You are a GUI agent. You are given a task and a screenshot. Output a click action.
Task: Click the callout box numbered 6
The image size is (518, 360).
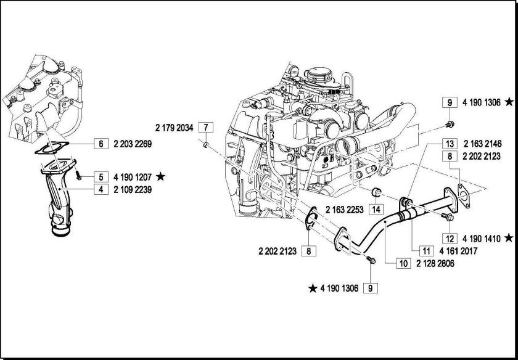click(x=99, y=144)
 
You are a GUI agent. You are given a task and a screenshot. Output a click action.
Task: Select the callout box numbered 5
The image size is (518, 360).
click(x=99, y=176)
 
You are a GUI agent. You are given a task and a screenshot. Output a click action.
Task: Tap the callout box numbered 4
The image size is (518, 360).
click(x=99, y=190)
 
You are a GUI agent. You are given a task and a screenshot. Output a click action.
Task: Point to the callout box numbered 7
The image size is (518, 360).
click(x=206, y=128)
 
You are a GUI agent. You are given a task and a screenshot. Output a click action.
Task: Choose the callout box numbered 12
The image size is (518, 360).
click(x=450, y=238)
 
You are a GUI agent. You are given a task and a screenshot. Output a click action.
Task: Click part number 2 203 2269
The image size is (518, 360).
click(x=133, y=144)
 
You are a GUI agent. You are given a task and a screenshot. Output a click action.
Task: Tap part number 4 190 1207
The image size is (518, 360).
click(x=133, y=176)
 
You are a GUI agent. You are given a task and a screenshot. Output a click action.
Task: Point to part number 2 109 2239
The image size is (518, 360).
click(x=133, y=190)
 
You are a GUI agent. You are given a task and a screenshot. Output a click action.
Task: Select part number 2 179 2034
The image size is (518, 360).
click(x=175, y=128)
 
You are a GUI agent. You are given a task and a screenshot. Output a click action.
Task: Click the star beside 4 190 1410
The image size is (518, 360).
click(x=508, y=237)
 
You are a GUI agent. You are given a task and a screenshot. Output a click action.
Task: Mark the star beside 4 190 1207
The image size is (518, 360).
click(x=161, y=176)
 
